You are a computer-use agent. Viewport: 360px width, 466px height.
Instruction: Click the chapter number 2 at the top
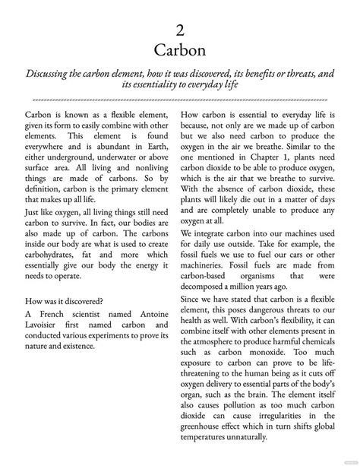180,30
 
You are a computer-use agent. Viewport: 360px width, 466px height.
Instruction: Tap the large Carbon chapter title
180,50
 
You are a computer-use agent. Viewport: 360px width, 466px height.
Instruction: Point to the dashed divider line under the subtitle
180,99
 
